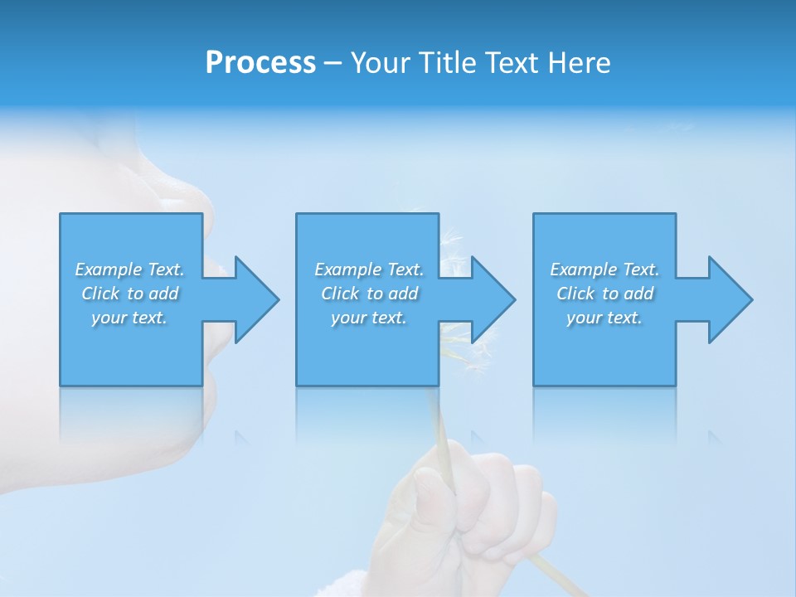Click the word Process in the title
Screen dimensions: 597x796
coord(260,63)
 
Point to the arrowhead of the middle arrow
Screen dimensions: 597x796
coord(492,299)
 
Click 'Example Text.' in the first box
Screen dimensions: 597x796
coord(129,269)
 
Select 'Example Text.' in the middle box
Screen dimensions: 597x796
coord(369,269)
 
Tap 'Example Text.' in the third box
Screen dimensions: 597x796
coord(604,269)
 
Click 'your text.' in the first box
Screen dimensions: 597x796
coord(129,318)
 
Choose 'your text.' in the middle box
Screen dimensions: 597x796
coord(369,318)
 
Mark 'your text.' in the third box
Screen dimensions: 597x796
coord(604,318)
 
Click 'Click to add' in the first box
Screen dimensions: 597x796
coord(129,294)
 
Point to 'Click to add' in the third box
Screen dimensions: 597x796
coord(604,294)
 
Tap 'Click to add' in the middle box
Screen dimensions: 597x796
coord(369,294)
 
